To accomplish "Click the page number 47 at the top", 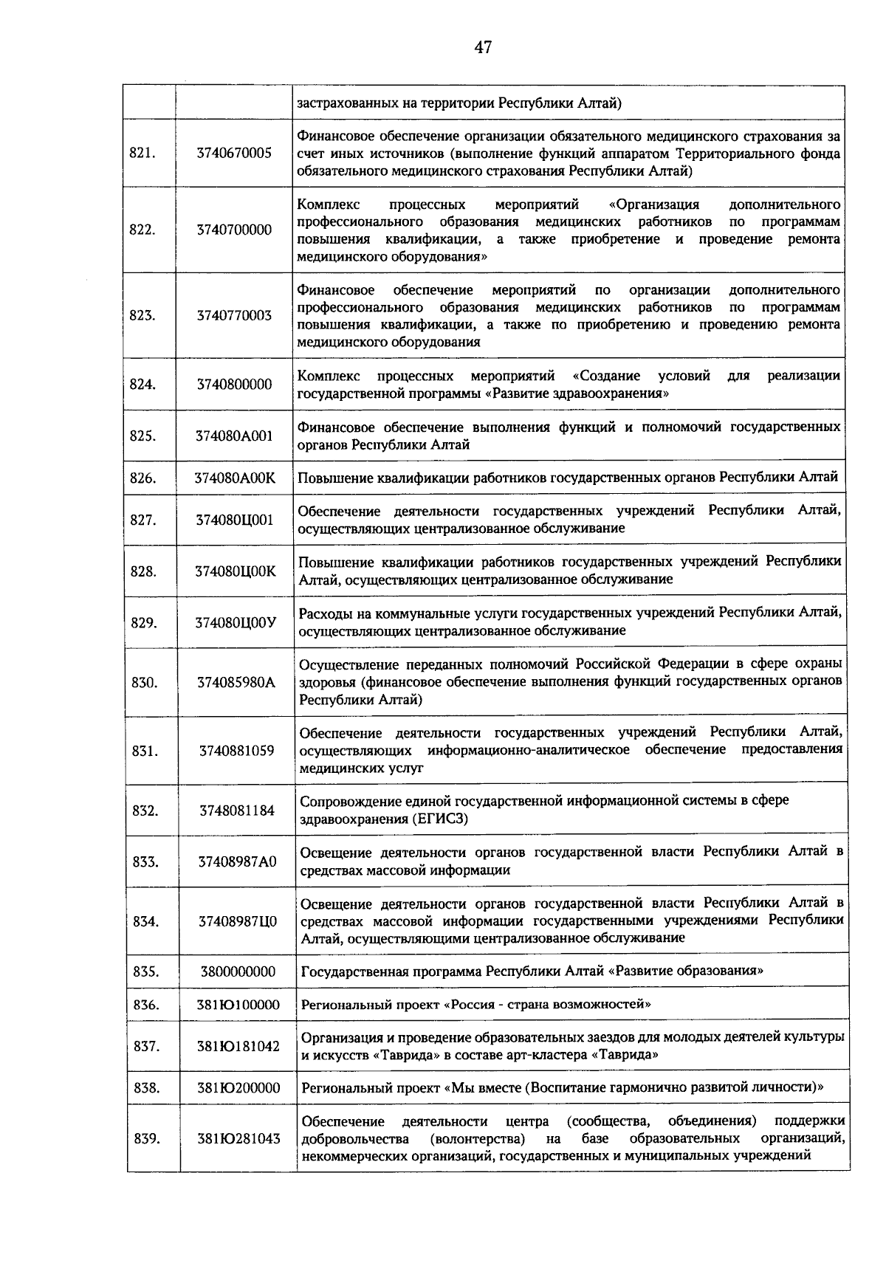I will click(483, 48).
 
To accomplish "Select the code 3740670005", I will click(234, 154).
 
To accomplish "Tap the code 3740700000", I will click(234, 230).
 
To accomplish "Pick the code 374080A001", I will click(234, 436).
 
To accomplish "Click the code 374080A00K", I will click(235, 478).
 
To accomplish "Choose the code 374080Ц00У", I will click(236, 622).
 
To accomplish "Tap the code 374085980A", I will click(236, 683).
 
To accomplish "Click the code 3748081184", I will click(237, 811).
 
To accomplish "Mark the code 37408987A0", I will click(238, 861).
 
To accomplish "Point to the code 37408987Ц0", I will click(238, 921).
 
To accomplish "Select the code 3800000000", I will click(238, 971).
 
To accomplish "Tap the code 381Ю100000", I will click(238, 1005).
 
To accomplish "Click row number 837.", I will click(146, 1047).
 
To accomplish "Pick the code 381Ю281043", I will click(238, 1138).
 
